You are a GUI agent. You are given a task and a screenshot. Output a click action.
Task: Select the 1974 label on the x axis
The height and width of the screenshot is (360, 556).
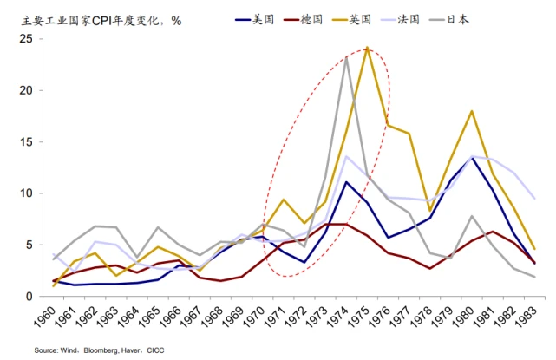click(345, 317)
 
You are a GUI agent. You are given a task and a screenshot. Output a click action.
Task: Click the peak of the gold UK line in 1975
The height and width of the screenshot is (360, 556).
click(368, 48)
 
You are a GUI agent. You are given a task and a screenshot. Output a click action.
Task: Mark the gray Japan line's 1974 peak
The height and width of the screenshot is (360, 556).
click(346, 57)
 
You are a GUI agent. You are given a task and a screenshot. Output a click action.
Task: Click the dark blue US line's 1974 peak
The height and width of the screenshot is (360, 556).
click(346, 182)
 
